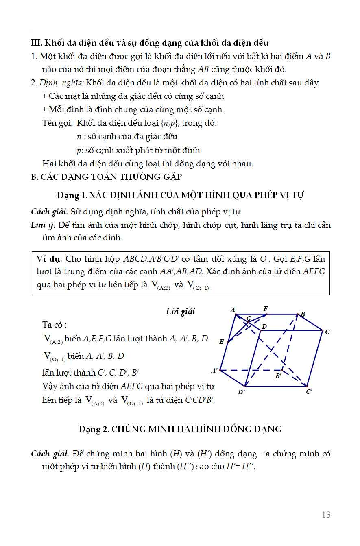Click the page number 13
pos(326,515)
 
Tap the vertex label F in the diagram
pos(265,309)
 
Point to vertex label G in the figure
pos(249,318)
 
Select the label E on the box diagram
pos(221,342)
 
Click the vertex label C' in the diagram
pos(309,392)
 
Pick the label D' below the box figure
pos(241,392)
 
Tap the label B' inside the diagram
pos(278,376)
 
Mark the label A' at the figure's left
pos(214,371)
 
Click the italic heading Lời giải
pos(181,311)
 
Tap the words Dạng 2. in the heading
pos(94,429)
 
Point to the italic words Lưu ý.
pos(44,225)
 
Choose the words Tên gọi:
pos(57,123)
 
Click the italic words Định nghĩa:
pos(61,83)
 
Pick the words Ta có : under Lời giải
pos(55,325)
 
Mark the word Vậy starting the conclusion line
pos(51,386)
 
